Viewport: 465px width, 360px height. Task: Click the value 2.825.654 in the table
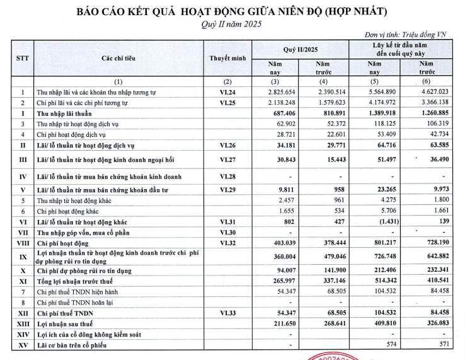(x=280, y=92)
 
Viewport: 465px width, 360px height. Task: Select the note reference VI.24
(x=228, y=92)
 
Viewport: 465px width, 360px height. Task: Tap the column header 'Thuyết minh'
(x=228, y=57)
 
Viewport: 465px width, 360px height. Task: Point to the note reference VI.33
(x=228, y=313)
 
